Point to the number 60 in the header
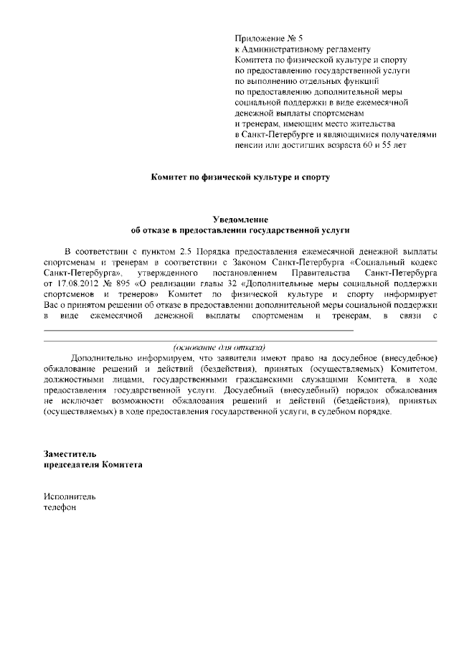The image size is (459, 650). pos(360,146)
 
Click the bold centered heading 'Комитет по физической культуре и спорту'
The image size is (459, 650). pos(240,176)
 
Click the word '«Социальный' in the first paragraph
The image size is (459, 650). pos(378,263)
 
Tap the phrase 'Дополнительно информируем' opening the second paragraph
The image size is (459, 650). pos(128,357)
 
